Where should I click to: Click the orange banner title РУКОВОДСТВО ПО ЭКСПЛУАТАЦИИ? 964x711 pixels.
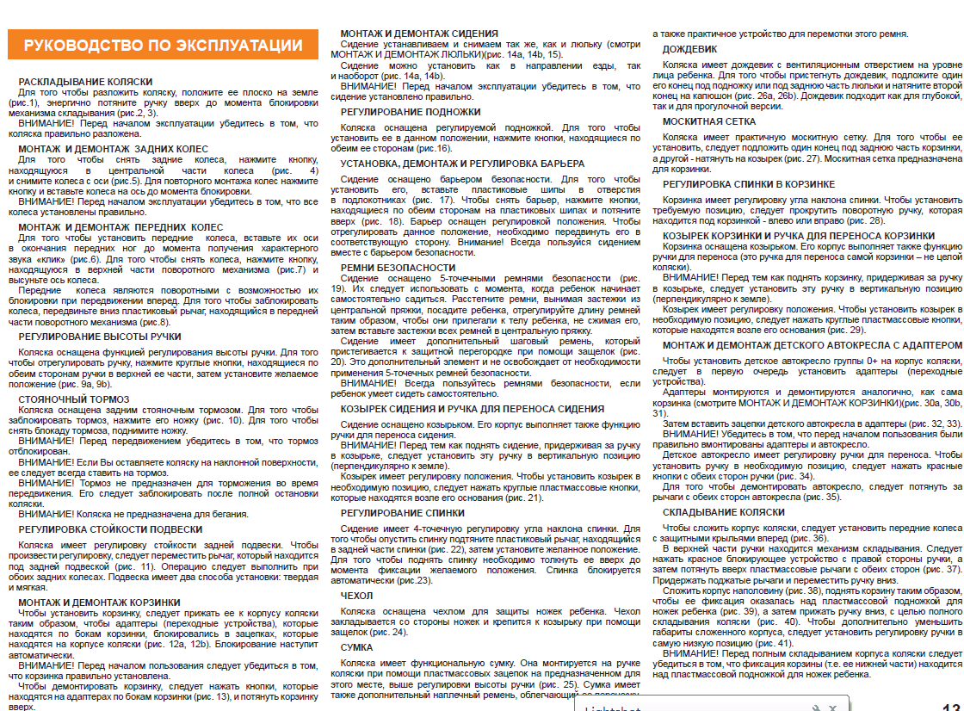(163, 46)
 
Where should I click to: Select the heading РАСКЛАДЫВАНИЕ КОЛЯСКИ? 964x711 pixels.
(85, 82)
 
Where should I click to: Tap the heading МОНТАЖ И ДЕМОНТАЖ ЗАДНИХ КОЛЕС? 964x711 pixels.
(114, 149)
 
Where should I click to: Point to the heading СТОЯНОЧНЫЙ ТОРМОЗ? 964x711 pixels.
(74, 399)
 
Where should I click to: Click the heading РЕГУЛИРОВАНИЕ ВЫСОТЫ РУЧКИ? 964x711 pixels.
(100, 337)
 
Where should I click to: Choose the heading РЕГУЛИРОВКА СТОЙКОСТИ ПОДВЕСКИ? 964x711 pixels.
(110, 529)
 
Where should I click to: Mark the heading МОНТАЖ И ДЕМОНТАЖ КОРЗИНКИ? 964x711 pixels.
(99, 603)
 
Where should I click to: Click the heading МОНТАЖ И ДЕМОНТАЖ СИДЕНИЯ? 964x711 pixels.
(419, 34)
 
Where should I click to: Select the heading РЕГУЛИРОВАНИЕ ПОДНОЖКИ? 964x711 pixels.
(411, 112)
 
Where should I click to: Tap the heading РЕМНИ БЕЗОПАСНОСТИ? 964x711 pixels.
(398, 267)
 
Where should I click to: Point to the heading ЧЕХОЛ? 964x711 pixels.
(356, 596)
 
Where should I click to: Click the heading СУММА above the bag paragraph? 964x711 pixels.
(356, 646)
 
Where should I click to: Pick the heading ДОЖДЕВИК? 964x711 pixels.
(689, 50)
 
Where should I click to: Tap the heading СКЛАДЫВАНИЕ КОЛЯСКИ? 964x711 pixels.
(723, 512)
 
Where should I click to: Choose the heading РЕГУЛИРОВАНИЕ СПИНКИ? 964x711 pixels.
(402, 513)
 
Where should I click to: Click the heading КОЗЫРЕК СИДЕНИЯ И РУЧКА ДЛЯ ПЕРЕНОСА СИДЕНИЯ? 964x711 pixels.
(473, 409)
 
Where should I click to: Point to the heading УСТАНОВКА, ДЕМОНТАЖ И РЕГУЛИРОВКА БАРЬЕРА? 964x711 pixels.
(462, 164)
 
